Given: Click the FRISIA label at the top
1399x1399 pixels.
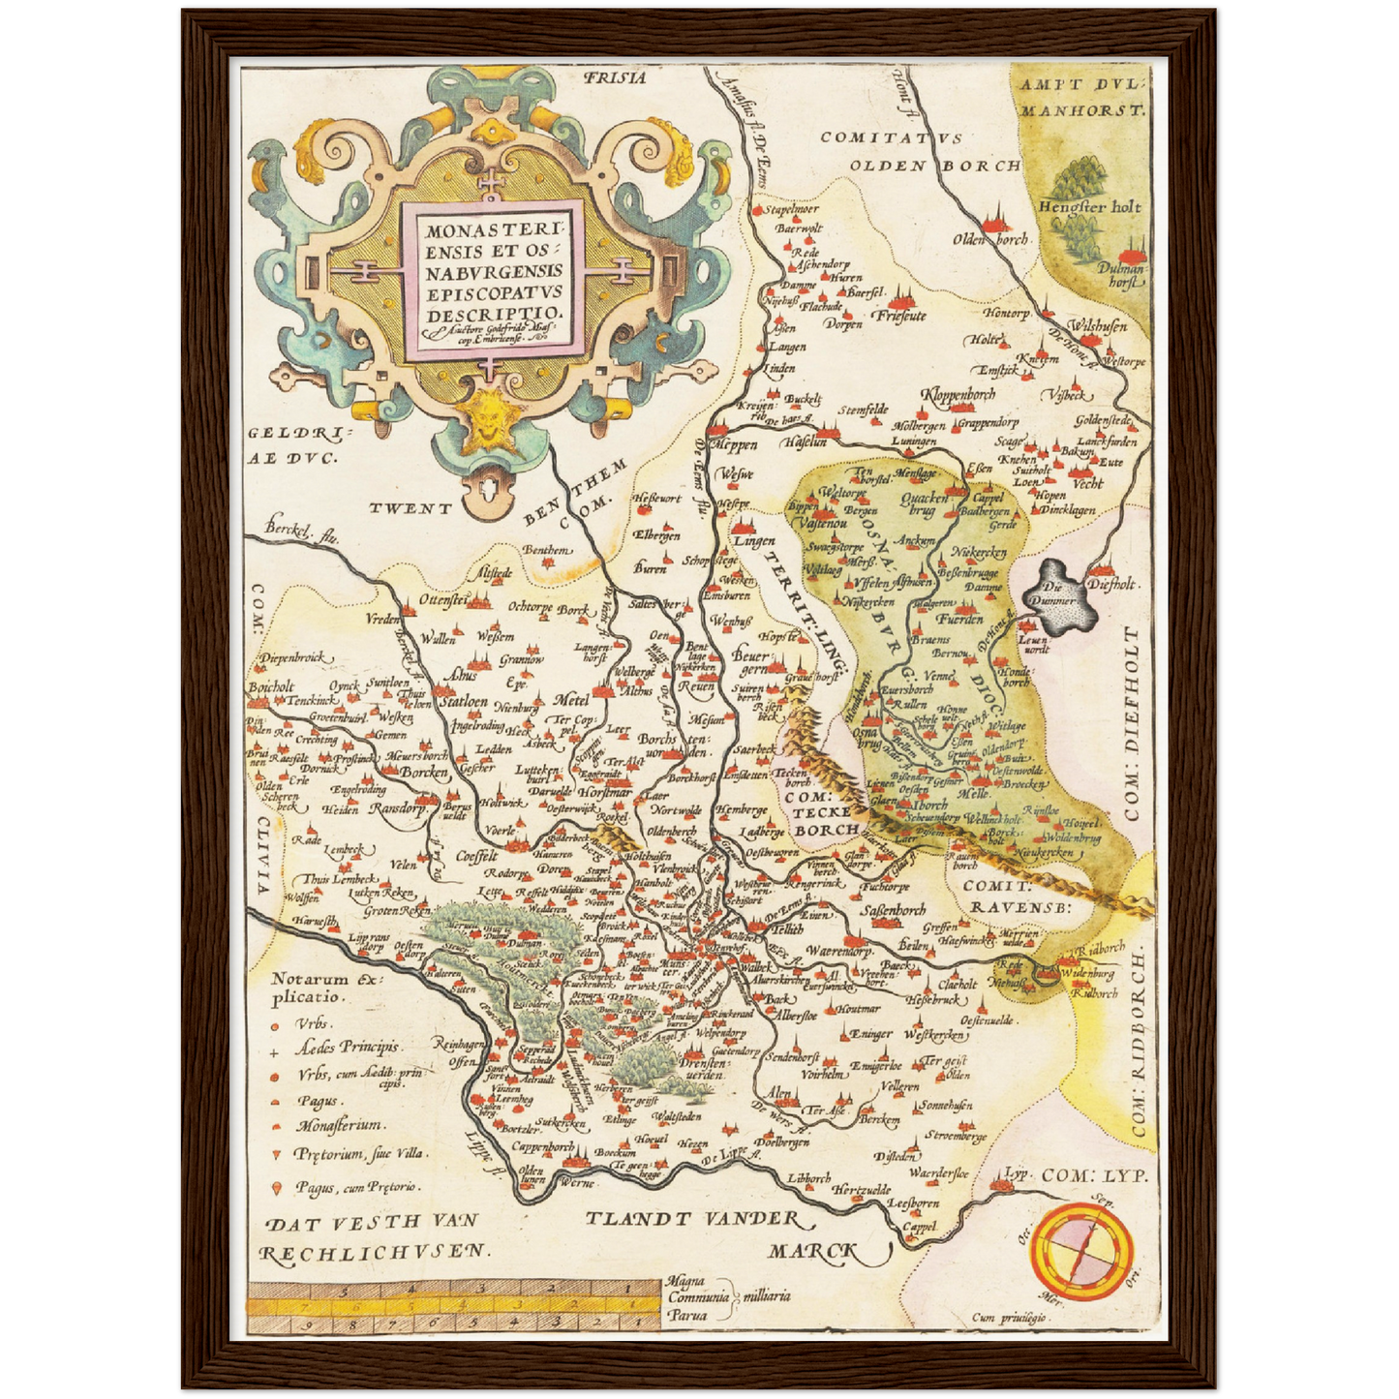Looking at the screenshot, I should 614,78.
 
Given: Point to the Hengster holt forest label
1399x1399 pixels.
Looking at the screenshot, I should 1089,206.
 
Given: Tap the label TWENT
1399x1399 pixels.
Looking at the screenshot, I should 411,507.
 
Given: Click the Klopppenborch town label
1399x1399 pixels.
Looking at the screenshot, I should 958,395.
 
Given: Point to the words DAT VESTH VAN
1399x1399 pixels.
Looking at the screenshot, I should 372,1222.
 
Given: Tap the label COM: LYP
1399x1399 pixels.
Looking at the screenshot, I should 1094,1175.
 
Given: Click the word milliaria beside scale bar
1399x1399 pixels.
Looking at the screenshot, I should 765,1295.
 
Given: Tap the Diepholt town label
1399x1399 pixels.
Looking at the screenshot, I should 1110,584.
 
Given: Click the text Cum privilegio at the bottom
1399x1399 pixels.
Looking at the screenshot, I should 1011,1318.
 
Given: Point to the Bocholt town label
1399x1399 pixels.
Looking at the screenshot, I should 270,686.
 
